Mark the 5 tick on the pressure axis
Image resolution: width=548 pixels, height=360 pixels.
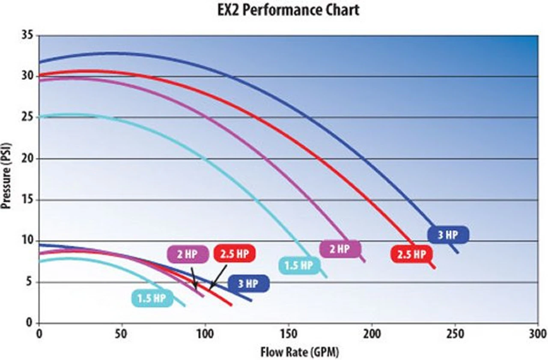coord(31,282)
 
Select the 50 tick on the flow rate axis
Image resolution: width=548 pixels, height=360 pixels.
coord(122,333)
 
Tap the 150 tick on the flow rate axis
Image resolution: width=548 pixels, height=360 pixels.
coord(288,333)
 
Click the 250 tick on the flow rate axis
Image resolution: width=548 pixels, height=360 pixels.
coord(455,333)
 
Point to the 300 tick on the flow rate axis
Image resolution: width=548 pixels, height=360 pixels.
coord(537,333)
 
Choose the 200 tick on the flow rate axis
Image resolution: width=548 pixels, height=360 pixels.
coord(372,333)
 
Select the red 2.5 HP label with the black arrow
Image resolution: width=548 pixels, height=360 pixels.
coord(234,254)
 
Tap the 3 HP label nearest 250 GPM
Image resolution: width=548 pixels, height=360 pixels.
coord(448,235)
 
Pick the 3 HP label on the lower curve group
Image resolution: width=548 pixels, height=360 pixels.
coord(248,283)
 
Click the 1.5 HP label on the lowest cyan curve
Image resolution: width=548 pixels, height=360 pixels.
coord(152,298)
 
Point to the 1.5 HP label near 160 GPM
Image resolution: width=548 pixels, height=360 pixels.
coord(299,265)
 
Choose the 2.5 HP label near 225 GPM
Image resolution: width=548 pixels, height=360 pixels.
coord(411,255)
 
